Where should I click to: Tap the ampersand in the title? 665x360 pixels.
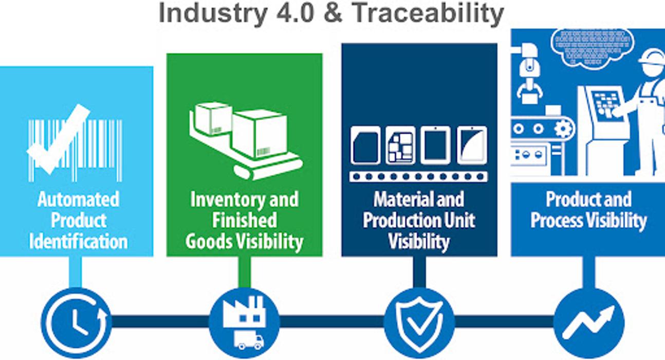point(333,13)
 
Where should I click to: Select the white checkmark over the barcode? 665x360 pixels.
point(58,139)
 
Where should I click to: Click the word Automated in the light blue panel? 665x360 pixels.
point(79,200)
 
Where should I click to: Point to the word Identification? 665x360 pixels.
point(79,242)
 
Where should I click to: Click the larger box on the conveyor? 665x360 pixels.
point(259,133)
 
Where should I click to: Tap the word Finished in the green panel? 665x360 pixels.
point(244,221)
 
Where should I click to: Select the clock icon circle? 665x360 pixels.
point(76,322)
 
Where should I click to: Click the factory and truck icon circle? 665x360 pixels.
point(244,323)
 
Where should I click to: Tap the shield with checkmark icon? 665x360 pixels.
point(419,323)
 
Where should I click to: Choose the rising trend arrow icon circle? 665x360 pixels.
point(589,323)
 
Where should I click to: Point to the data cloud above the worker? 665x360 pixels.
point(593,49)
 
